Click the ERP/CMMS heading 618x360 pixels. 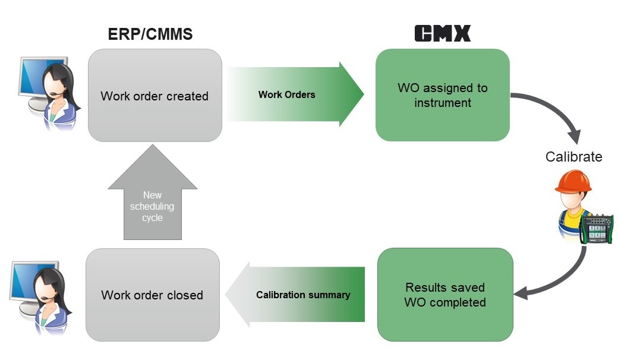click(x=150, y=34)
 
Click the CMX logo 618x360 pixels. click(x=442, y=33)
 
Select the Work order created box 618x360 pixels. click(x=154, y=96)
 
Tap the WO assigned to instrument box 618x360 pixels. click(x=442, y=95)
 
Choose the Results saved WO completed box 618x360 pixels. click(x=445, y=295)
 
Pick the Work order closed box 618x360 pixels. click(x=152, y=295)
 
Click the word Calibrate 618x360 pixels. click(x=573, y=157)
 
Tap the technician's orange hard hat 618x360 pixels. click(x=573, y=182)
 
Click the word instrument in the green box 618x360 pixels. click(x=442, y=103)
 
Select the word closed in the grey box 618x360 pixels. click(x=183, y=295)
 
